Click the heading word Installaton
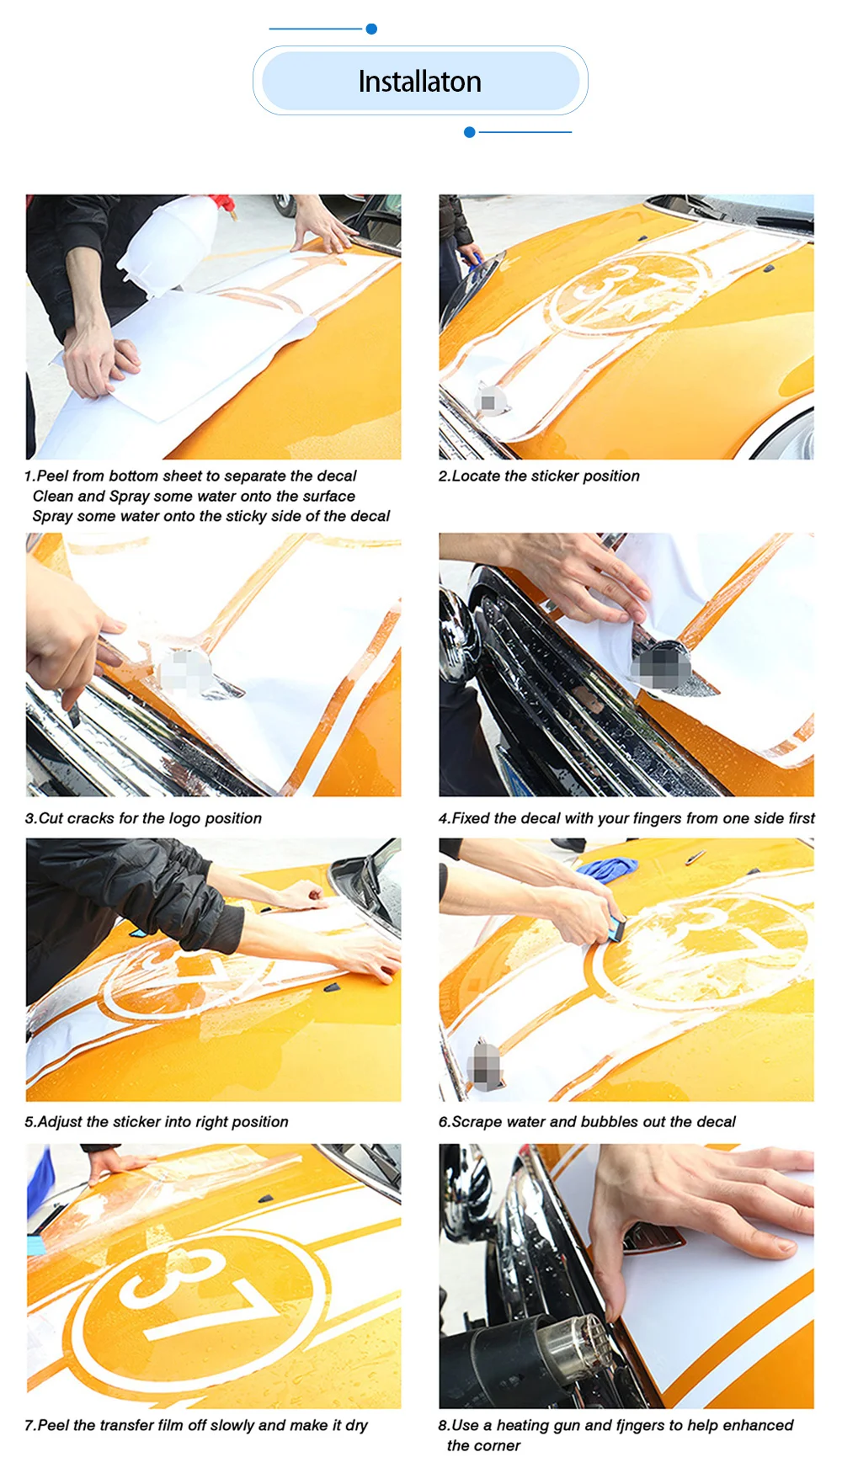[420, 82]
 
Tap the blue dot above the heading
[371, 29]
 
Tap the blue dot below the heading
[470, 132]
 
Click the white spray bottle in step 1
[168, 244]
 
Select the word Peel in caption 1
[52, 476]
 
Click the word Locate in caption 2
[476, 476]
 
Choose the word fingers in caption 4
[658, 819]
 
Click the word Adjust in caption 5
[60, 1122]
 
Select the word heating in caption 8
[524, 1425]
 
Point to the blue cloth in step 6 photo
[608, 867]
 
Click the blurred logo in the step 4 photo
[661, 667]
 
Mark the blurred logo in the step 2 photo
[489, 402]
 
